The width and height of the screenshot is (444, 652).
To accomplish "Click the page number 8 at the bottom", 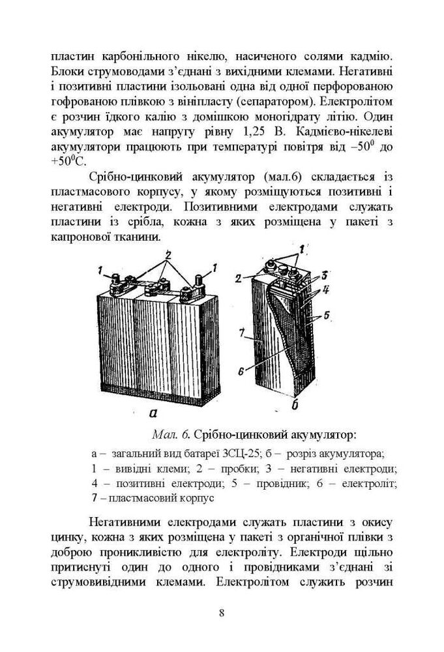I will click(x=222, y=612).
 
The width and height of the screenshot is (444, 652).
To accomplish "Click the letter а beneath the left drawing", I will click(x=151, y=411).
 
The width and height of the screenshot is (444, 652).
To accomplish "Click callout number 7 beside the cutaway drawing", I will click(x=241, y=334).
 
